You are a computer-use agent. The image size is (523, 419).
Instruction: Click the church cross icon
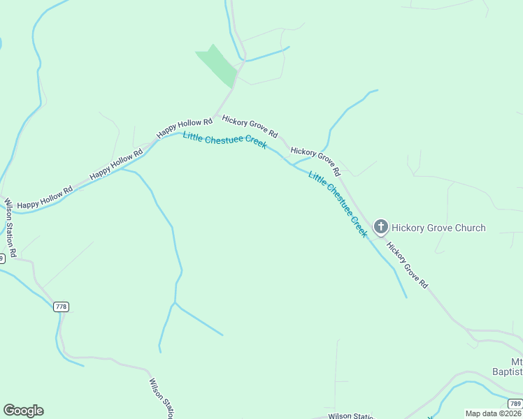click(380, 226)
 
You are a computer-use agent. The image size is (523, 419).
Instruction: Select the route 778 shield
click(61, 307)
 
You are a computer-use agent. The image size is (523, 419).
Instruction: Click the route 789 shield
click(515, 404)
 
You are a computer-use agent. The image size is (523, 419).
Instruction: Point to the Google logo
click(23, 411)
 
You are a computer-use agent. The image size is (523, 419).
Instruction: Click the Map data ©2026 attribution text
click(493, 413)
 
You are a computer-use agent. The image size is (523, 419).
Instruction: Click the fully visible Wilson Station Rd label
click(10, 226)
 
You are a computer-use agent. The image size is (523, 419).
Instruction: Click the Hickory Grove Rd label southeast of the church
click(407, 266)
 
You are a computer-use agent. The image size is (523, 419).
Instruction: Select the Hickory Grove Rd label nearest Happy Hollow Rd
click(250, 126)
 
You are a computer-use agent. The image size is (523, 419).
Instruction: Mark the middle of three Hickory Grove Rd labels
click(315, 161)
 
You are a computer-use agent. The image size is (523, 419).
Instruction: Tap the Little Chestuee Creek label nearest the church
click(338, 205)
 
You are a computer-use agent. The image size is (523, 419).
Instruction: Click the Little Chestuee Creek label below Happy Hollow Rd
click(224, 140)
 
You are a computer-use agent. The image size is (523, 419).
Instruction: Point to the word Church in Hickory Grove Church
click(466, 228)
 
